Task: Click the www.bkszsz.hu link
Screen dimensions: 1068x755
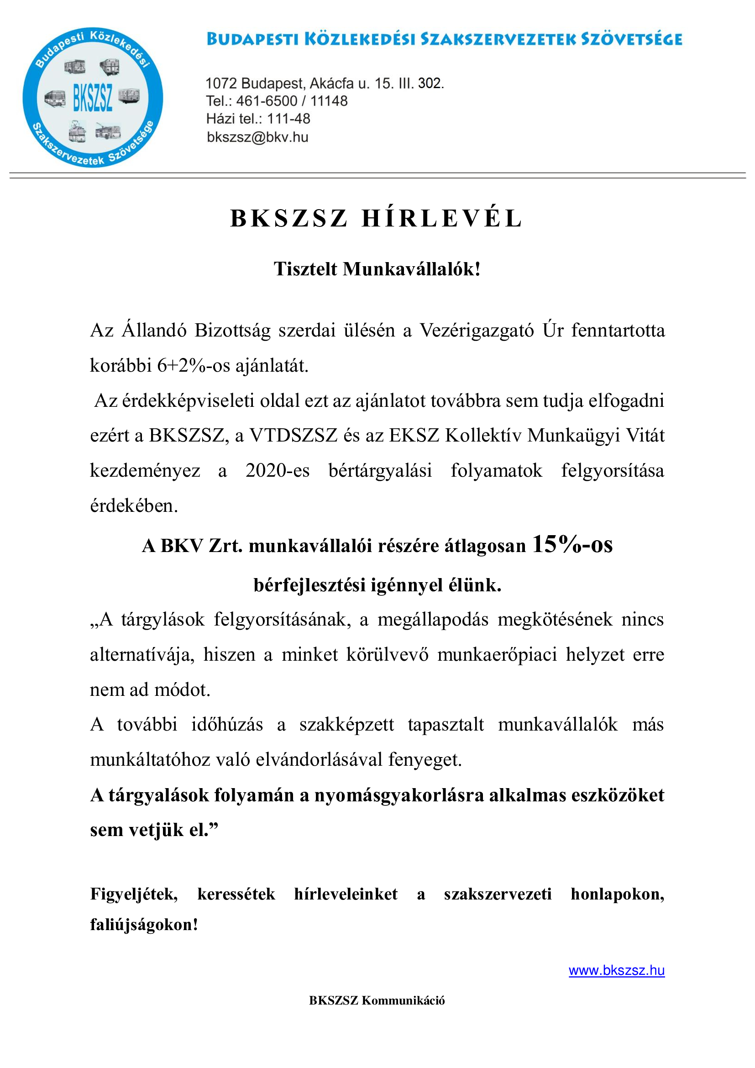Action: point(616,970)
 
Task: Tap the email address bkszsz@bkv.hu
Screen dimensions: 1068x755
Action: point(257,137)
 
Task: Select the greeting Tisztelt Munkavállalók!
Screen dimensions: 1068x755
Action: point(377,269)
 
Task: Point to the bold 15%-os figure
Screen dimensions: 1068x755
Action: point(572,544)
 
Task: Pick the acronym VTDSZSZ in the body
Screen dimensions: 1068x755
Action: point(293,436)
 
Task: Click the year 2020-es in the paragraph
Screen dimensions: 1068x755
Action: point(277,470)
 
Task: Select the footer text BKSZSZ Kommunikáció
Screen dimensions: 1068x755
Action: point(377,1000)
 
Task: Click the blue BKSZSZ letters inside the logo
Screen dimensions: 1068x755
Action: point(93,98)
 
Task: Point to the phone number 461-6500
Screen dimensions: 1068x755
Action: point(267,101)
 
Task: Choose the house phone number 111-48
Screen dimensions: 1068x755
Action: point(288,119)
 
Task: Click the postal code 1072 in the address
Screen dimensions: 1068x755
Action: point(221,84)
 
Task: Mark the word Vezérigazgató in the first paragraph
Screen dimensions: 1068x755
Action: point(477,330)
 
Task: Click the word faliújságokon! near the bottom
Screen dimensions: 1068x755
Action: point(144,924)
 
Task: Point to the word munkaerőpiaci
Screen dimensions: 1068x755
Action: point(497,654)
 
